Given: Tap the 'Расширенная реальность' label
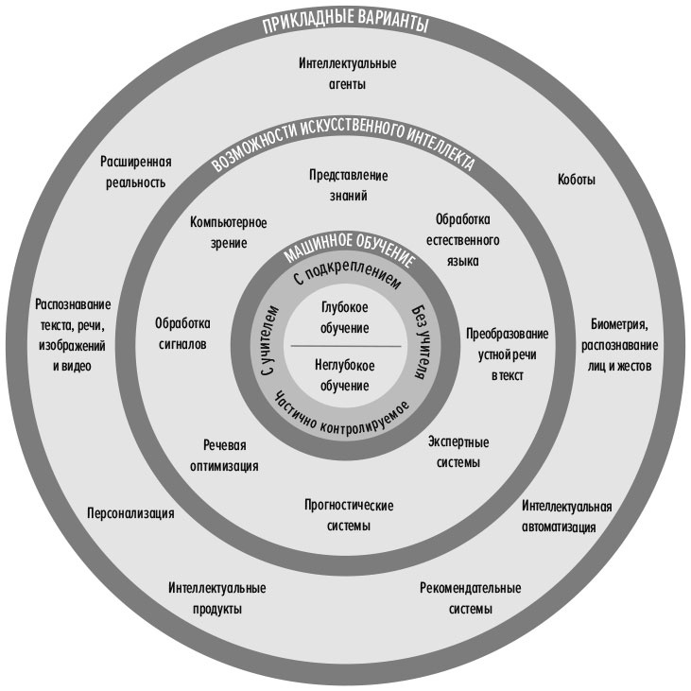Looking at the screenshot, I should (136, 171).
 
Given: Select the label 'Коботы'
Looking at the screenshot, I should (577, 180).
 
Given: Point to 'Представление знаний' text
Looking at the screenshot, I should (349, 185).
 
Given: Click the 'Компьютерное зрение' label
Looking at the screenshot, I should (229, 233).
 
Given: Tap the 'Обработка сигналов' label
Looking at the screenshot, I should (182, 332).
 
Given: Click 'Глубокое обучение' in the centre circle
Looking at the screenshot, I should (344, 317).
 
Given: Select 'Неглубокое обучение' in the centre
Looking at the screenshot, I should (344, 375).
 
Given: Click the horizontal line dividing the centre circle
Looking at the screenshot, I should (345, 346).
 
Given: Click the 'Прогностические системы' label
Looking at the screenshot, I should (349, 515).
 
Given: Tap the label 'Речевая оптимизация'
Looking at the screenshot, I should (231, 456).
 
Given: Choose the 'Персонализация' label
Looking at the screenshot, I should (130, 513).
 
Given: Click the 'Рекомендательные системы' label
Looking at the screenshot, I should (470, 598).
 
